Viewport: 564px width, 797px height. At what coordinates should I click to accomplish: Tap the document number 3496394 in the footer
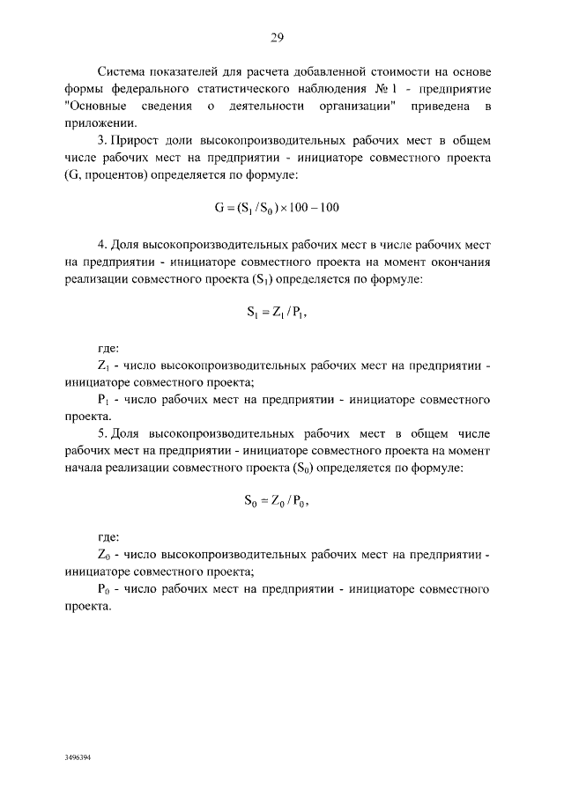pos(78,756)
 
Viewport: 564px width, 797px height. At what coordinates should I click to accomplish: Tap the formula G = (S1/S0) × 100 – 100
pos(277,208)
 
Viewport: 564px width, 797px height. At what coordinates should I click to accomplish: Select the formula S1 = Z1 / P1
pos(277,310)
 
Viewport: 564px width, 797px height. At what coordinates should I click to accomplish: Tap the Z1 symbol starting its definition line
pos(102,364)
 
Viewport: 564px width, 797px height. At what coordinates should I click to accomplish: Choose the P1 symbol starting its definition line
pos(102,400)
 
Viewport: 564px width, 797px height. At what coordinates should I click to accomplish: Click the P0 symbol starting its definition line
pos(102,590)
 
